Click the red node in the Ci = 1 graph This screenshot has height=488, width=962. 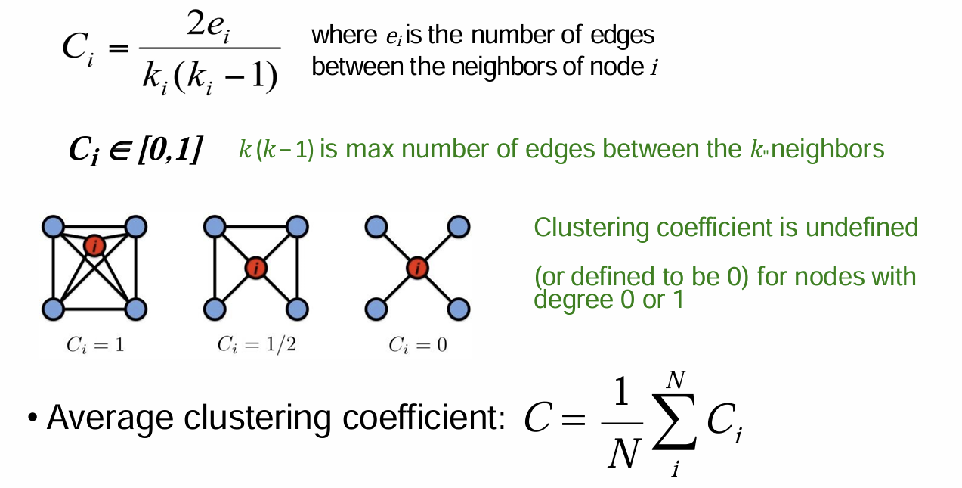[x=94, y=245]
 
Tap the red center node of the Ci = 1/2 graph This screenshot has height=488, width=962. [x=257, y=267]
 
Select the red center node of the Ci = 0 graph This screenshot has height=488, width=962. [x=417, y=267]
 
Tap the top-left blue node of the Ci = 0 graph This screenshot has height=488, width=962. [x=376, y=225]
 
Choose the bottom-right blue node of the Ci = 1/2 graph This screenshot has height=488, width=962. [x=298, y=309]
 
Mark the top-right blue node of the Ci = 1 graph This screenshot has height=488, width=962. [x=136, y=225]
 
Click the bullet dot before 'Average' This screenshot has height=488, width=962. [x=32, y=418]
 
